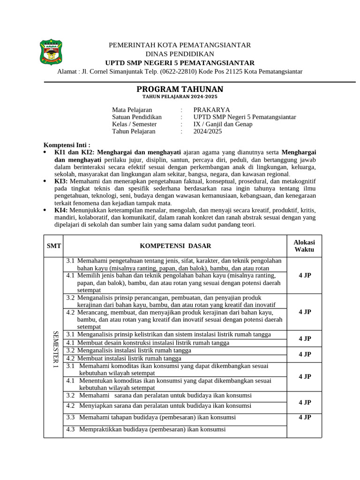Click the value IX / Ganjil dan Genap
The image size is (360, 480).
pos(223,124)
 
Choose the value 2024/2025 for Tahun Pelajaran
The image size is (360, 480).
pos(208,131)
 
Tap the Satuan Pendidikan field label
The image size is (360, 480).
pos(136,117)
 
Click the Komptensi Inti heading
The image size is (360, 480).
pos(67,145)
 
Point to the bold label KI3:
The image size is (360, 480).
pos(61,181)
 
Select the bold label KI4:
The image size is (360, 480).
pos(61,210)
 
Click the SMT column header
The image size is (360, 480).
pos(53,246)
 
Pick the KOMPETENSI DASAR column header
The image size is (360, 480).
pos(175,246)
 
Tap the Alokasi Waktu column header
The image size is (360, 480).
pos(304,246)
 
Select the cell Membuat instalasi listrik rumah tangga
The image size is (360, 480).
pos(129,359)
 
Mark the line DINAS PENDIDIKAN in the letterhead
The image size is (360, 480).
pos(180,54)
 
